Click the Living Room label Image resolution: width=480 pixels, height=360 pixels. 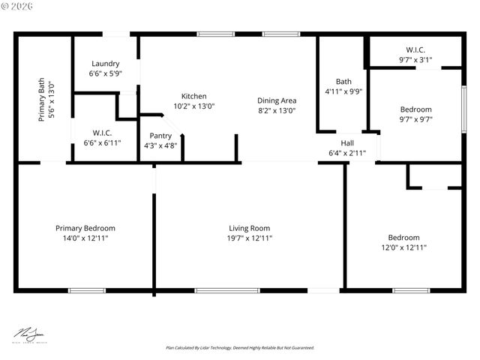point(250,228)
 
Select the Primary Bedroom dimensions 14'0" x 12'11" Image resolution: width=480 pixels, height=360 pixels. point(85,238)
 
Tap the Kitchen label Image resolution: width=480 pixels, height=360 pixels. point(193,96)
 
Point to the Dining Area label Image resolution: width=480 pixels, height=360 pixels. point(277,100)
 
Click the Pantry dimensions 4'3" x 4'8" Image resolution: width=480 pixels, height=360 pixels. point(160,146)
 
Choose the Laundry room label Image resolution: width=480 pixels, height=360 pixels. point(105,64)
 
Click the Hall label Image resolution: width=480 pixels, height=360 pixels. point(347,142)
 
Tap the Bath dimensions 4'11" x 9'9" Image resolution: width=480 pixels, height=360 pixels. point(343,91)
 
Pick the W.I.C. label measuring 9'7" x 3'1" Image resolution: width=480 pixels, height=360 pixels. point(415,50)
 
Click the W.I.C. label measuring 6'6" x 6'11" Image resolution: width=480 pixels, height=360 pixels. point(102,133)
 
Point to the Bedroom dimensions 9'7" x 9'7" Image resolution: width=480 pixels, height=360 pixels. point(415,118)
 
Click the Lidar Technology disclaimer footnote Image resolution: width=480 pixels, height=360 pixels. point(240,348)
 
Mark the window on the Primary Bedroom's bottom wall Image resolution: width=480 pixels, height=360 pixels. point(82,290)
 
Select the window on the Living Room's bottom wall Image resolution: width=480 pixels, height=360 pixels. point(217,290)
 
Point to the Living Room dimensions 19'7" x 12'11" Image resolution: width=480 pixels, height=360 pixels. point(250,238)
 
